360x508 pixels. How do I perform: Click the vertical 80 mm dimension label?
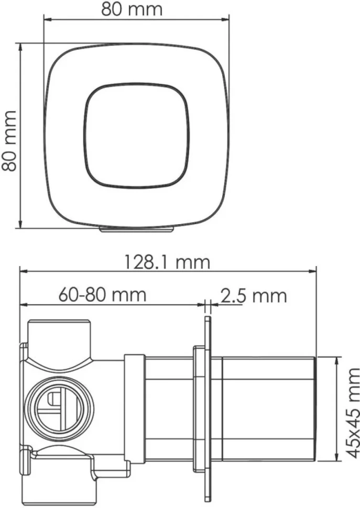(x=9, y=141)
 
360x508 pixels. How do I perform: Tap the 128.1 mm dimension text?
(x=168, y=262)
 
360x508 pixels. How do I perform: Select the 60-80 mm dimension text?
(x=102, y=295)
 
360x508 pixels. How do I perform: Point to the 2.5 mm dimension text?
(x=254, y=296)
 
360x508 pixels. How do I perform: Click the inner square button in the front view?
(x=136, y=136)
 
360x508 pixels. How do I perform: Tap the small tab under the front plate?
(x=136, y=230)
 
